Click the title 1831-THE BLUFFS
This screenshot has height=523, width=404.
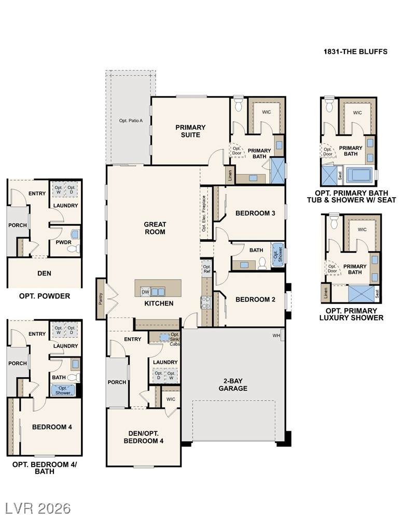(x=355, y=52)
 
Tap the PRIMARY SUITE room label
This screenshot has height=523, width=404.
(x=190, y=131)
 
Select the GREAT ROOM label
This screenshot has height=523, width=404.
(x=155, y=228)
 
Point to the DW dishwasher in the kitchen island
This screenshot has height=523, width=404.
(x=145, y=292)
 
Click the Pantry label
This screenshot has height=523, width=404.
(x=101, y=299)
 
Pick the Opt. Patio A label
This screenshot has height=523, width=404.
(x=131, y=120)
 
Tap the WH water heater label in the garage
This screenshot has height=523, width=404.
(x=276, y=336)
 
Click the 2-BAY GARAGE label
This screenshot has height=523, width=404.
(x=233, y=384)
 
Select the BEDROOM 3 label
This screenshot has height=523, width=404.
(x=255, y=213)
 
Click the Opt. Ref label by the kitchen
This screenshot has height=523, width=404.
(x=206, y=269)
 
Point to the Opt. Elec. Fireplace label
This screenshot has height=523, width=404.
(x=204, y=213)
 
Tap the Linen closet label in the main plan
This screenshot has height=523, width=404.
(x=230, y=175)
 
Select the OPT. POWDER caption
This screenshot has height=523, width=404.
(x=45, y=296)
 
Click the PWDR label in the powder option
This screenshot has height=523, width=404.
(x=63, y=242)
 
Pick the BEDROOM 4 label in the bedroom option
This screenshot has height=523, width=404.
(x=52, y=426)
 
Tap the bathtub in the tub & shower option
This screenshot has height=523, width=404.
(x=359, y=175)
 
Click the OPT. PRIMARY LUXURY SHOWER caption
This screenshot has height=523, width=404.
(x=351, y=314)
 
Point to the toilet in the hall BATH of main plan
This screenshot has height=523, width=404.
(x=262, y=263)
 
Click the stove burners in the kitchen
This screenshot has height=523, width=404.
(x=206, y=302)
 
